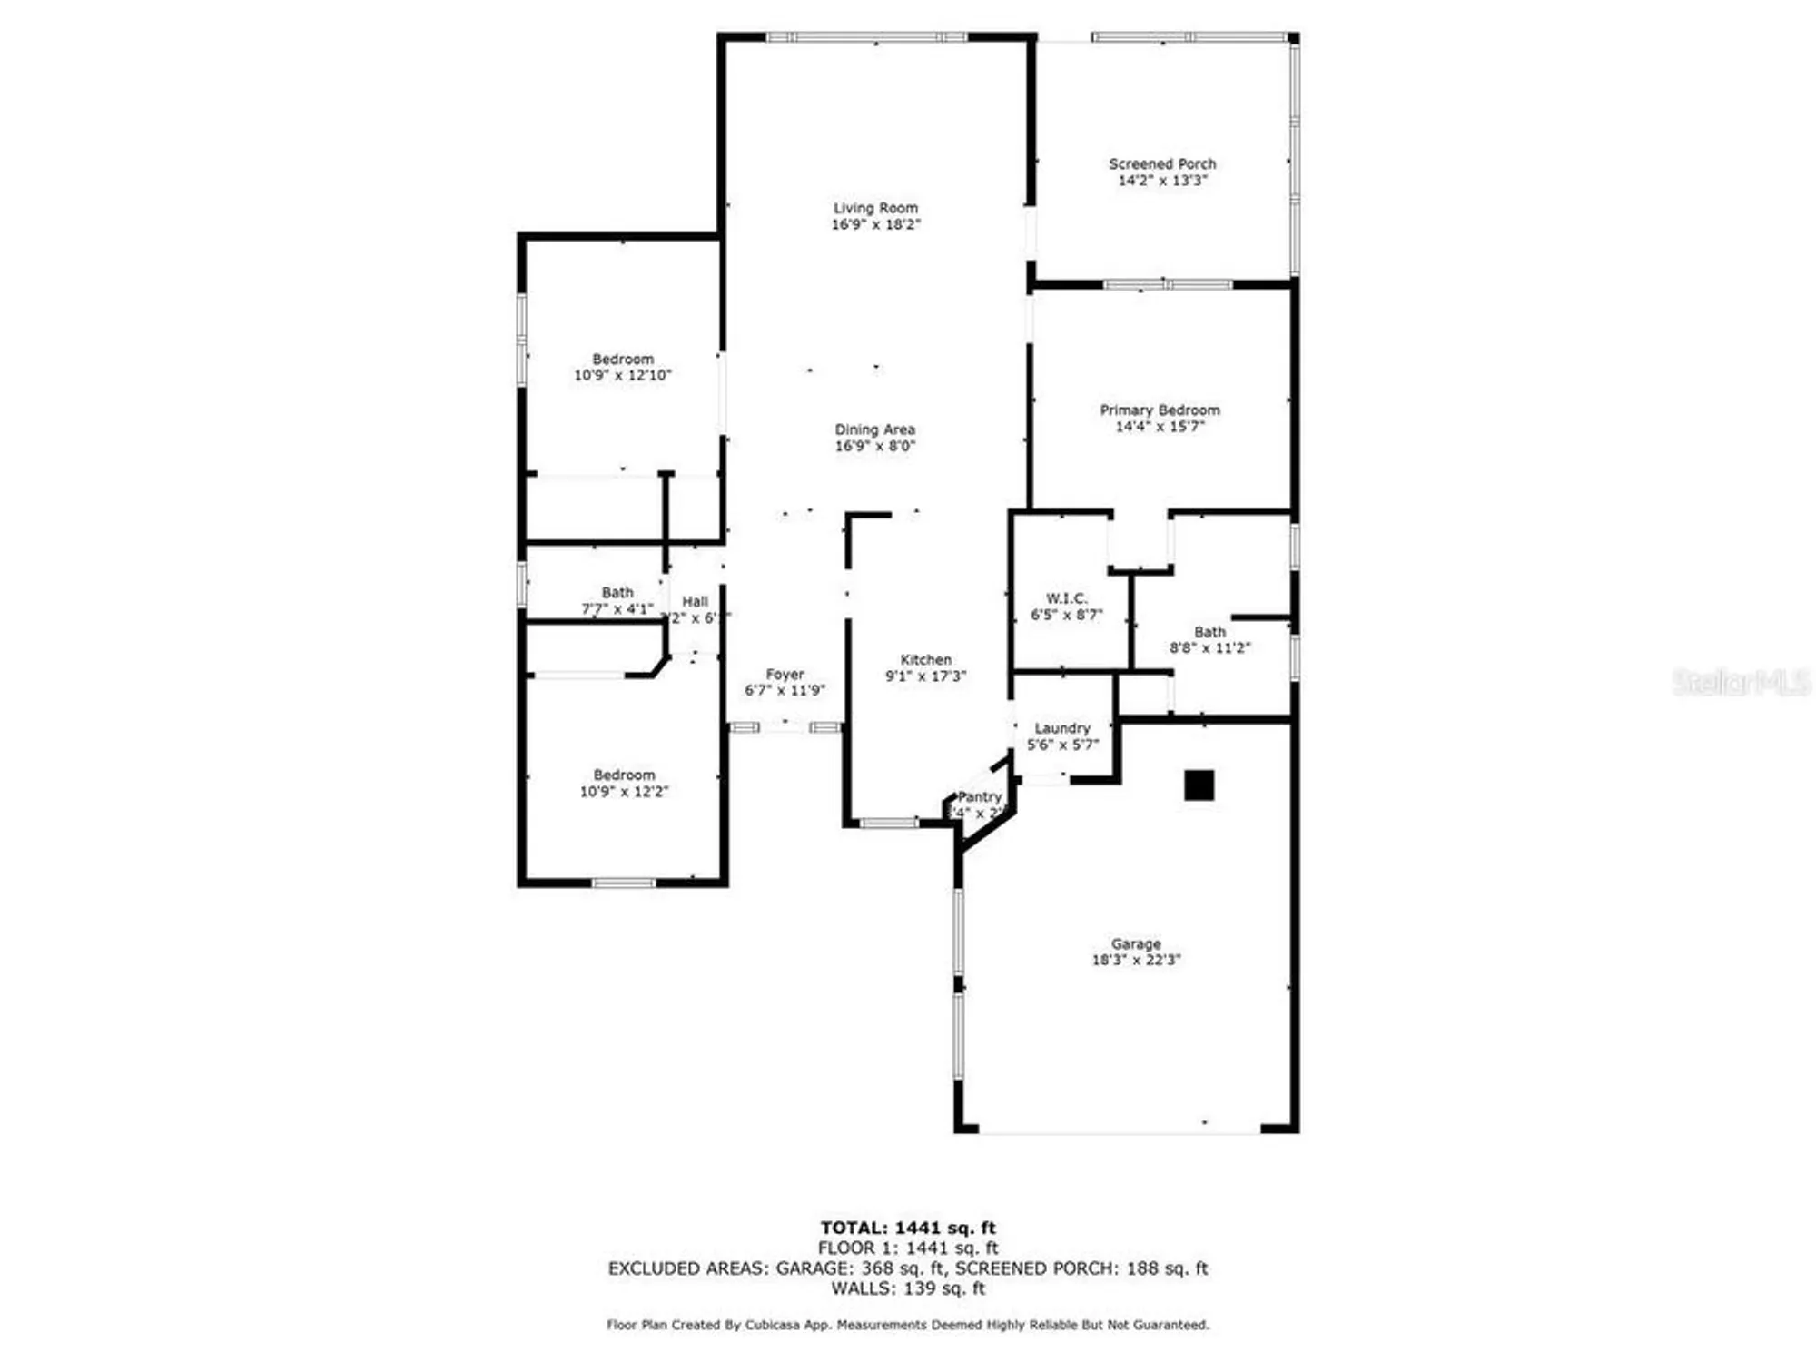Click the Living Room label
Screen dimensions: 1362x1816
pyautogui.click(x=875, y=208)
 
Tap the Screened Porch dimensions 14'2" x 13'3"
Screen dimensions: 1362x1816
pyautogui.click(x=1162, y=181)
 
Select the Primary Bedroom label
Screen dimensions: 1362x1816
pyautogui.click(x=1160, y=410)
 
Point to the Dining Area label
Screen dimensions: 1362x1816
pyautogui.click(x=875, y=429)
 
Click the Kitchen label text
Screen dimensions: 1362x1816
pyautogui.click(x=926, y=660)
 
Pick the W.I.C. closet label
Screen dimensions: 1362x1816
pyautogui.click(x=1066, y=598)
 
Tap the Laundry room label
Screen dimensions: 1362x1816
pyautogui.click(x=1062, y=728)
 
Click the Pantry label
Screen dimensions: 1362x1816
pyautogui.click(x=980, y=796)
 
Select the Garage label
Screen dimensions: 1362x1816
pyautogui.click(x=1136, y=943)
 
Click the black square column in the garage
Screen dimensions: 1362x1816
pyautogui.click(x=1199, y=785)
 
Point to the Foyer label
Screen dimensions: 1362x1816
pyautogui.click(x=785, y=675)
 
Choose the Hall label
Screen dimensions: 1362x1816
pyautogui.click(x=695, y=601)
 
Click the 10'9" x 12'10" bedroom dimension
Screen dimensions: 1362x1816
pyautogui.click(x=623, y=375)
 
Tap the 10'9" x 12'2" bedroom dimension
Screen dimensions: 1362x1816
pyautogui.click(x=624, y=792)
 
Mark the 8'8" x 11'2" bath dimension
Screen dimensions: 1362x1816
pyautogui.click(x=1209, y=648)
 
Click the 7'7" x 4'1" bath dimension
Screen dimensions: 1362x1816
pyautogui.click(x=617, y=609)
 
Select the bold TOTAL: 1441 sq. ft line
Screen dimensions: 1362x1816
pyautogui.click(x=908, y=1229)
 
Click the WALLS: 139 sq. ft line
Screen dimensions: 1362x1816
pyautogui.click(x=908, y=1288)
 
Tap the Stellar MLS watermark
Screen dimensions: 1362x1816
pyautogui.click(x=1741, y=683)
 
